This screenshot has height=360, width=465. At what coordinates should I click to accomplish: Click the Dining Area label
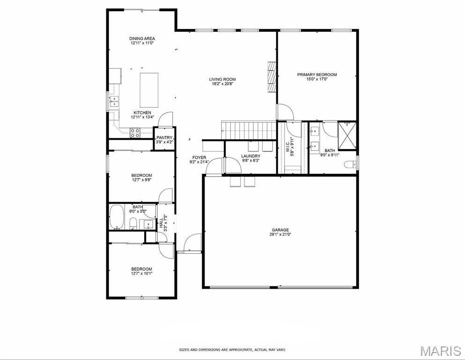point(142,38)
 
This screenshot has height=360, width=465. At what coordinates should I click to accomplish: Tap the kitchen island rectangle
point(149,90)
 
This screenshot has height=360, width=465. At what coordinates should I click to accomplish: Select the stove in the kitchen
point(135,133)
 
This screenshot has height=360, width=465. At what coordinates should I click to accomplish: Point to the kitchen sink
point(114,101)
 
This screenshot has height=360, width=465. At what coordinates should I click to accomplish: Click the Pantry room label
point(164,138)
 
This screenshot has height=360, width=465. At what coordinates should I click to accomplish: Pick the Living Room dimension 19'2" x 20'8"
point(222,84)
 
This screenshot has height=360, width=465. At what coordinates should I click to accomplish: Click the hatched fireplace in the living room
point(272,77)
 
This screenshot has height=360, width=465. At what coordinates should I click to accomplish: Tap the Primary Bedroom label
point(317,75)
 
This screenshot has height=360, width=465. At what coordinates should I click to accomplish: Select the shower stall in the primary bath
point(347,135)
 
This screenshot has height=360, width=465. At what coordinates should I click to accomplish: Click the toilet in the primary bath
point(350,164)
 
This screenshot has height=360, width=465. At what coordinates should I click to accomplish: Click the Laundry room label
point(251,156)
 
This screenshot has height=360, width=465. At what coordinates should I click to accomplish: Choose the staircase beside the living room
point(249,130)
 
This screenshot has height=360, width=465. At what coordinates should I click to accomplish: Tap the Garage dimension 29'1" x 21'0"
point(280,234)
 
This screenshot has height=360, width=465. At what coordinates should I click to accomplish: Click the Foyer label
point(199,157)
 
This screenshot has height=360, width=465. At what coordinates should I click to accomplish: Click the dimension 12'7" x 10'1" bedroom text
point(142,273)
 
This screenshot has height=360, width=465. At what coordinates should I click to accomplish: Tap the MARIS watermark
point(441,351)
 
